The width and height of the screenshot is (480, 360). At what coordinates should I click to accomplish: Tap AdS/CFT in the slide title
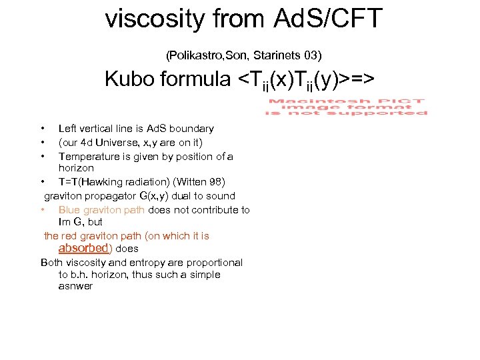[x=328, y=19]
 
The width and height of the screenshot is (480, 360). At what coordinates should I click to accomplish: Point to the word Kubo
[x=131, y=79]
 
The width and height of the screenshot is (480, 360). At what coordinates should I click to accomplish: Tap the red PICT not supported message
[x=346, y=107]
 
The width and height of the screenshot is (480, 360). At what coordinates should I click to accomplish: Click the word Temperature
[x=87, y=157]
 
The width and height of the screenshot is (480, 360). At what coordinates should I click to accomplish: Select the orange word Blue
[x=69, y=210]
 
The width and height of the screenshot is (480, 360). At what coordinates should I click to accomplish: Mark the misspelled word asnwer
[x=75, y=287]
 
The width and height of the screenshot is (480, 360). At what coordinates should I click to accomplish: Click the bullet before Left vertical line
[x=42, y=129]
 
